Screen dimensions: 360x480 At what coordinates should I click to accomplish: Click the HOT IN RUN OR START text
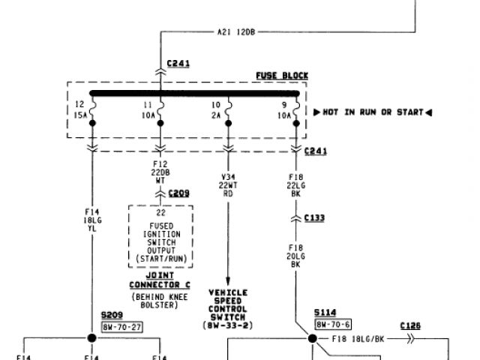click(372, 112)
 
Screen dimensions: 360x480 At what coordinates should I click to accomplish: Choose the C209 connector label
click(178, 193)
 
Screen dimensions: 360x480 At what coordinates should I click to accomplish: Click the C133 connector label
click(314, 218)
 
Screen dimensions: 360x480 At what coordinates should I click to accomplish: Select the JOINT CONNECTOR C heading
click(161, 280)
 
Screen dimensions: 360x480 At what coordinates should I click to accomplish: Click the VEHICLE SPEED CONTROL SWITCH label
click(228, 307)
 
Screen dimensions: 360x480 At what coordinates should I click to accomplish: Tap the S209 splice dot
click(92, 338)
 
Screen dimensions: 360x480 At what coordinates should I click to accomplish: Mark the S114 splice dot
click(312, 338)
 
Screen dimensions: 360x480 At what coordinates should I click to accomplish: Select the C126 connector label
click(411, 326)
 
